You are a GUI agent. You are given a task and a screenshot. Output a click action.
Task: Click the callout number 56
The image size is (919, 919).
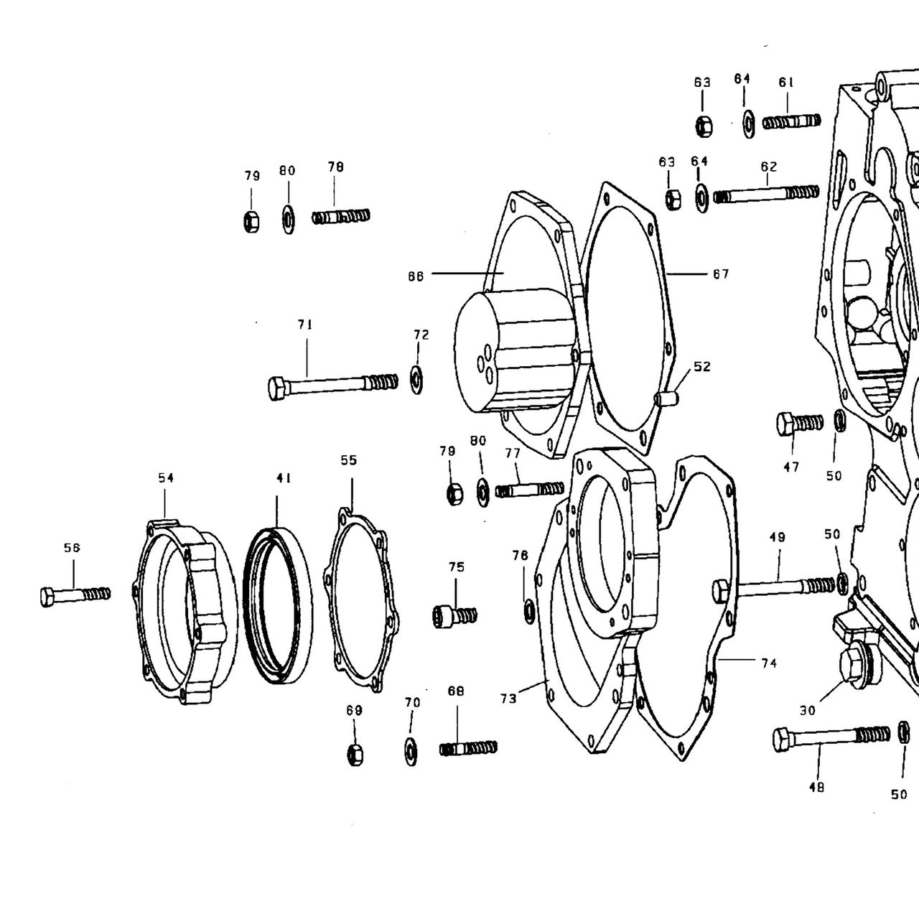point(72,548)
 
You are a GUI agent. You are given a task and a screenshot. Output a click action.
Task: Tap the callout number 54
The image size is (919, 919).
point(166,478)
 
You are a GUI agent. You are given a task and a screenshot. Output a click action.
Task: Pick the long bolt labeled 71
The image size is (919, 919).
point(333,385)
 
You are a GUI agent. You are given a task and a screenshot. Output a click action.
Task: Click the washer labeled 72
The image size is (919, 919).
point(416,380)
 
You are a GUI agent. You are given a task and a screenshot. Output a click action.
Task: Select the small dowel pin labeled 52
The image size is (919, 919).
point(666,398)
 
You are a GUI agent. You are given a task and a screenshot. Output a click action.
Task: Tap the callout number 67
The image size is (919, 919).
point(721,274)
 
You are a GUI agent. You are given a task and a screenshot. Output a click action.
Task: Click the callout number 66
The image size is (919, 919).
point(416,276)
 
